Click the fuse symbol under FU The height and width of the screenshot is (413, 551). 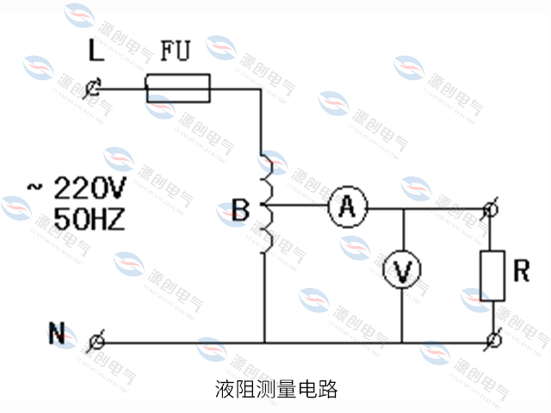click(178, 87)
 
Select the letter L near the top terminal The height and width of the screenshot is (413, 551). click(96, 52)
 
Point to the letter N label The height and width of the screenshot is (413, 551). click(58, 333)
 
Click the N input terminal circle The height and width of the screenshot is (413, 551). click(97, 342)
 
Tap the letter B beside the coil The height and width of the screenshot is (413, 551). click(241, 209)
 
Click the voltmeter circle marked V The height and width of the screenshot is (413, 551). click(402, 271)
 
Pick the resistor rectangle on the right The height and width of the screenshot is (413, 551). click(492, 275)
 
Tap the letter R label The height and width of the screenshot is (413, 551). click(521, 271)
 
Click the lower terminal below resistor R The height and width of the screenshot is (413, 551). click(492, 342)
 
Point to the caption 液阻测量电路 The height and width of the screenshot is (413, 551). click(276, 388)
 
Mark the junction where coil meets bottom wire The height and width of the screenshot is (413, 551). click(266, 342)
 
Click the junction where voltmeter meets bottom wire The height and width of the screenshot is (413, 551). click(402, 342)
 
